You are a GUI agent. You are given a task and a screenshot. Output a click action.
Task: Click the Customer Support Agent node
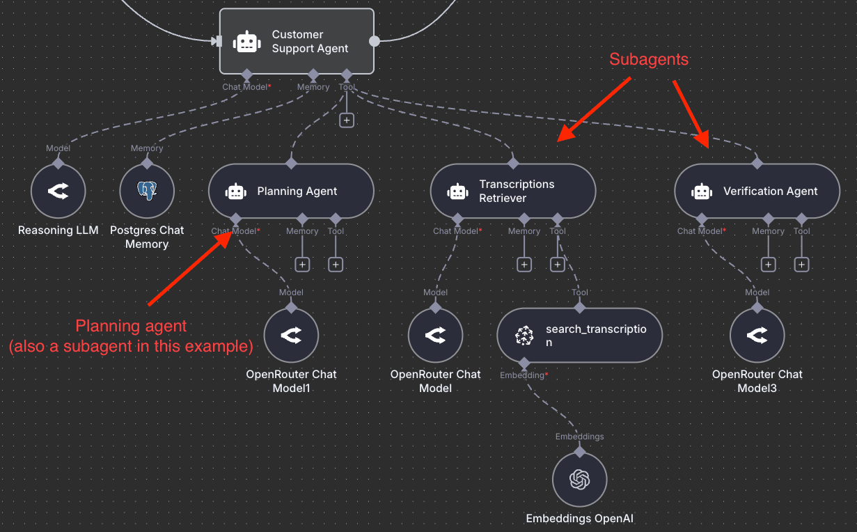coord(297,41)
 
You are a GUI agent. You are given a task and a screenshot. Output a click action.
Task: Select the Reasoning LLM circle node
coord(58,191)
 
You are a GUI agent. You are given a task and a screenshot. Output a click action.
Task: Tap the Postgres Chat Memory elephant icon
coord(146,191)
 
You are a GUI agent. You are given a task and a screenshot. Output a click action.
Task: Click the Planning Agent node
coord(291,191)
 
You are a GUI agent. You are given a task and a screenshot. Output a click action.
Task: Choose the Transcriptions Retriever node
coord(513,191)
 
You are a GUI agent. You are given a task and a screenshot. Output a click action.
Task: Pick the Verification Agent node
coord(757,191)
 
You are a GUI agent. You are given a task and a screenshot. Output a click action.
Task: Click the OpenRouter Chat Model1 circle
coord(291,336)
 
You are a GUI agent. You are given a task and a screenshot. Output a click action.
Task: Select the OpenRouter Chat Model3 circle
coord(757,336)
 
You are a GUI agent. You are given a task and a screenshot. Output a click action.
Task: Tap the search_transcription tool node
coord(579,336)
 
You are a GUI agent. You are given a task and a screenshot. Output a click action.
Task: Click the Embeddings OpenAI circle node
coord(579,480)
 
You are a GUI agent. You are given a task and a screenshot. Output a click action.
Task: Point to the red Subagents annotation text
coord(649,60)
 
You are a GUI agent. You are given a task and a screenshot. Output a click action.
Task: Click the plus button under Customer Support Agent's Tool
coord(347,120)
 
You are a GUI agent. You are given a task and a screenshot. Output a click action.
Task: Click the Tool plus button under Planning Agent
coord(336,265)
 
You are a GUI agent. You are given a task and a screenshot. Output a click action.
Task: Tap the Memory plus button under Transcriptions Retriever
coord(524,265)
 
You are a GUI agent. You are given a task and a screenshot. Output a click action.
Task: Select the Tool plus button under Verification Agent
coord(801,265)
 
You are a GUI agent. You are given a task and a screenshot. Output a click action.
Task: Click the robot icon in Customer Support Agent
coord(247,42)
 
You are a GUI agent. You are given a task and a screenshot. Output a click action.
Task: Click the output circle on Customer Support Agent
coord(375,41)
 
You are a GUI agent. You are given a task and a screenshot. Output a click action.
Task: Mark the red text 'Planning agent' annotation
coord(131,326)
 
